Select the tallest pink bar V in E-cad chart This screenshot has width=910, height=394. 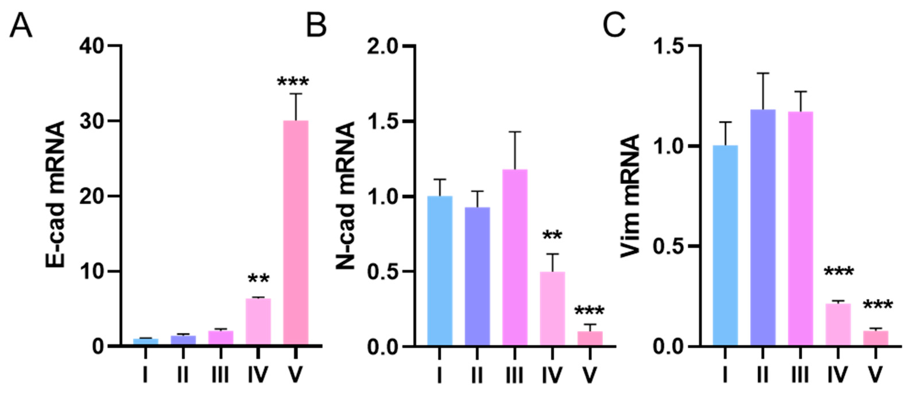click(296, 233)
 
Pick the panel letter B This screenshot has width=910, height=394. click(316, 26)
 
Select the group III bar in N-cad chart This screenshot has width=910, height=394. click(515, 258)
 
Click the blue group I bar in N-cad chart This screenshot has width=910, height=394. click(439, 271)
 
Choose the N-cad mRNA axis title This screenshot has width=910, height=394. click(345, 196)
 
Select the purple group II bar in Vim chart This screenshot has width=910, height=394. click(763, 228)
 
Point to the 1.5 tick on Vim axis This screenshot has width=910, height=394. click(669, 46)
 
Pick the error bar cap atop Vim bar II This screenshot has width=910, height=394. click(763, 73)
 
